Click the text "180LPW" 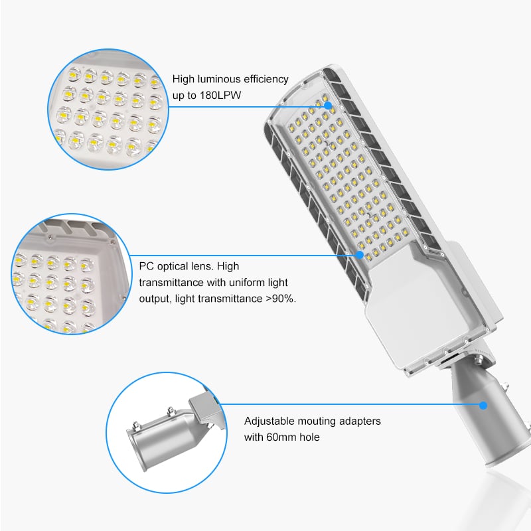click(220, 95)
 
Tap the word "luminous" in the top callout click(219, 79)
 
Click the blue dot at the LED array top click(327, 106)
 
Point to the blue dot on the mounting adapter click(483, 406)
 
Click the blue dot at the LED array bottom click(360, 255)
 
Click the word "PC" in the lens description click(146, 266)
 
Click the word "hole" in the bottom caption click(309, 437)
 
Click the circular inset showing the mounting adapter click(167, 433)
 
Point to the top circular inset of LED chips click(108, 109)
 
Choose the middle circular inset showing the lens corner click(72, 274)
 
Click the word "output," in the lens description click(155, 299)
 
